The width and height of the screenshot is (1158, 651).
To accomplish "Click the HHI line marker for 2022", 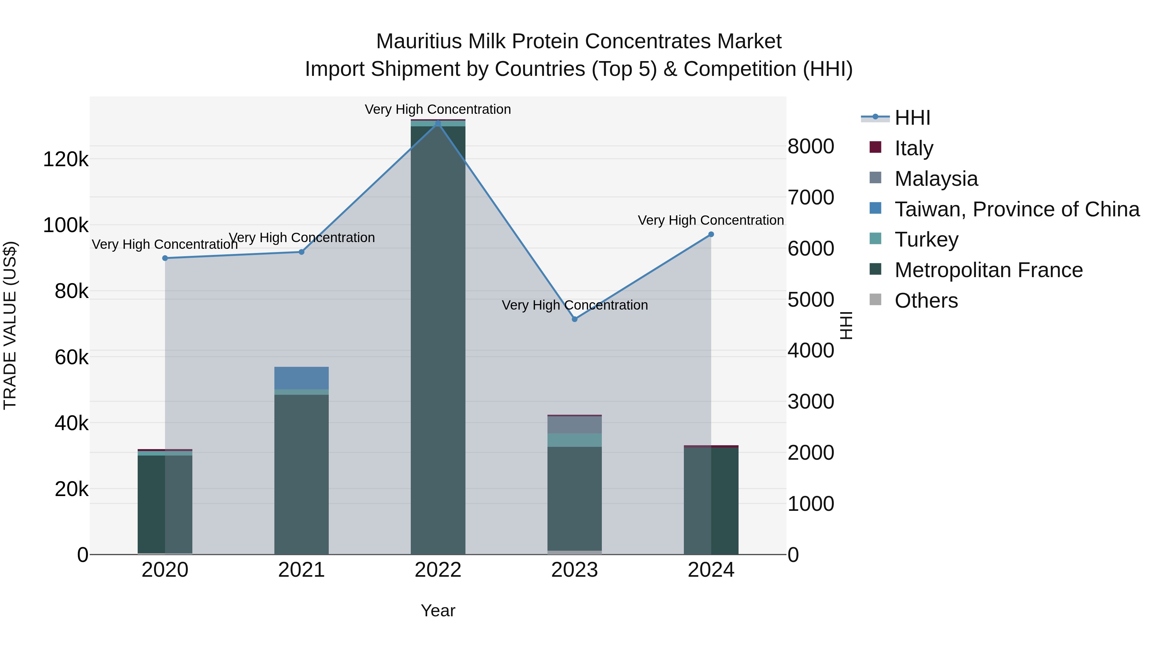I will pyautogui.click(x=438, y=123).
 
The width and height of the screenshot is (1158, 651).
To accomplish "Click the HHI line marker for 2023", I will pyautogui.click(x=574, y=319).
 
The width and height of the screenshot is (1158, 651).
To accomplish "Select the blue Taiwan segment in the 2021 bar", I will pyautogui.click(x=301, y=378).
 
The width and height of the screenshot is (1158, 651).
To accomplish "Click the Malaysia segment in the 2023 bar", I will pyautogui.click(x=574, y=425).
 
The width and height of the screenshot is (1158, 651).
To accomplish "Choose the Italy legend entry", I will pyautogui.click(x=914, y=148).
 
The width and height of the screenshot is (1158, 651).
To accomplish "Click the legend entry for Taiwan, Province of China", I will pyautogui.click(x=1017, y=209).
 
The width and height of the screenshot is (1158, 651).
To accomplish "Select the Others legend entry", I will pyautogui.click(x=926, y=300).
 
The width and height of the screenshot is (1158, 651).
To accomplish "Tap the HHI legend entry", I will pyautogui.click(x=912, y=118).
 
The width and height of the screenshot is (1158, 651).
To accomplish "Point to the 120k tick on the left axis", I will pyautogui.click(x=66, y=159).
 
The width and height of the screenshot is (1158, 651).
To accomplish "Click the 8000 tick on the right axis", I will pyautogui.click(x=811, y=147).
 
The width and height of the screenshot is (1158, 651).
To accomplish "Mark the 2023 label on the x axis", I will pyautogui.click(x=574, y=570).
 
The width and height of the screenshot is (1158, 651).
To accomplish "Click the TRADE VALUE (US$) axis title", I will pyautogui.click(x=10, y=325).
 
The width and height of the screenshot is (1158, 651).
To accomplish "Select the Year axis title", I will pyautogui.click(x=438, y=610).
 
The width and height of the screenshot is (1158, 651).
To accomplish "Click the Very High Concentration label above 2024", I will pyautogui.click(x=710, y=220).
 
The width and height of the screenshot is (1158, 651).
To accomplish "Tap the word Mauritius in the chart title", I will pyautogui.click(x=418, y=41).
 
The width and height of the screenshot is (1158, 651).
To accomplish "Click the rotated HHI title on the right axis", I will pyautogui.click(x=846, y=325).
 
